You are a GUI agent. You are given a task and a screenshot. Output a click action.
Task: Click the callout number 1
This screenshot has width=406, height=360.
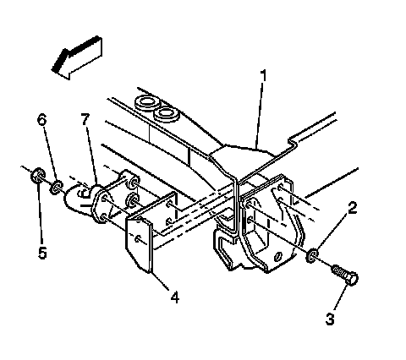[263, 76]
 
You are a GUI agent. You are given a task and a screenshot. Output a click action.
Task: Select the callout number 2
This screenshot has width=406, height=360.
[352, 208]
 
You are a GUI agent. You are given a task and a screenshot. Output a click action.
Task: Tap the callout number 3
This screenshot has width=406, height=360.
[330, 319]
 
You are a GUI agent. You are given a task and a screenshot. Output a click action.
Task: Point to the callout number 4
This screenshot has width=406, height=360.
[175, 297]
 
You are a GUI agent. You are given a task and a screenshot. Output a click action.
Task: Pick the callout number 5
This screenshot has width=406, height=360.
[42, 253]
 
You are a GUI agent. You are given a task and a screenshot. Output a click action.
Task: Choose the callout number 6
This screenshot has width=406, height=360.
[41, 120]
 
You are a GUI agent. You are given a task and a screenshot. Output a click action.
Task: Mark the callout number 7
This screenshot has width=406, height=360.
[85, 119]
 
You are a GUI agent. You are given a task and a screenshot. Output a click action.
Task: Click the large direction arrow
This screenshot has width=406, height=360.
[77, 57]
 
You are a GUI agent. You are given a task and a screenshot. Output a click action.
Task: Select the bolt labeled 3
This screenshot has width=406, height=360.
[345, 275]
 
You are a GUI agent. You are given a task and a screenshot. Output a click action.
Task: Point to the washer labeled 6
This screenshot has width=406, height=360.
[57, 188]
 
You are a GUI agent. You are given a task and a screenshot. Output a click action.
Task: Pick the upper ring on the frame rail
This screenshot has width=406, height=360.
[147, 102]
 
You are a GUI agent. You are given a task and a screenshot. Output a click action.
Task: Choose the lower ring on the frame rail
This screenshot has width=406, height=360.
[167, 113]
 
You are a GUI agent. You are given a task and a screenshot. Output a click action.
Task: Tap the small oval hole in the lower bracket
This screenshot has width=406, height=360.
[277, 256]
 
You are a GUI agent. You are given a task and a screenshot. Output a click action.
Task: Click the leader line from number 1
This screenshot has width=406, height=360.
[260, 115]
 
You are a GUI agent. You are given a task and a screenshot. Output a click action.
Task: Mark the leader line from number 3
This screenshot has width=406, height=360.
[341, 298]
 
